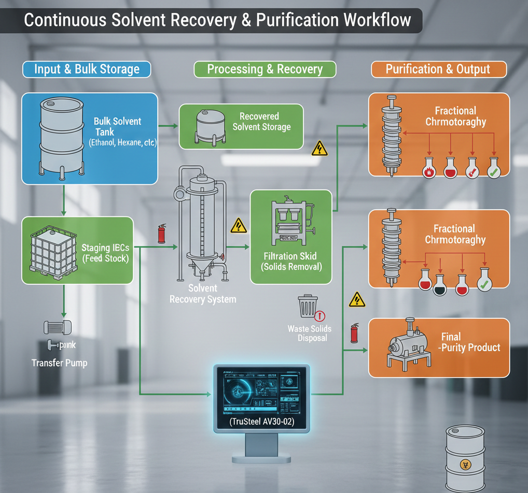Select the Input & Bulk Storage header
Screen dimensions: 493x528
(x=87, y=69)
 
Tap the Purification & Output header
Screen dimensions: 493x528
(x=438, y=69)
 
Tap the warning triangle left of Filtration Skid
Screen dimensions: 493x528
(x=238, y=225)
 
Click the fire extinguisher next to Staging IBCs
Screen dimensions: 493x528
(x=161, y=234)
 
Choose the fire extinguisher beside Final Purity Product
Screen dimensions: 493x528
(x=355, y=333)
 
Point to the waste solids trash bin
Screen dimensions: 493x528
(x=307, y=306)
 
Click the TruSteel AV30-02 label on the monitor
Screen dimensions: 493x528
(x=261, y=422)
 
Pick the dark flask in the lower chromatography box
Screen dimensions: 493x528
(x=440, y=283)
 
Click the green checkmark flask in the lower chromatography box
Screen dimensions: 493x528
(x=484, y=282)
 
